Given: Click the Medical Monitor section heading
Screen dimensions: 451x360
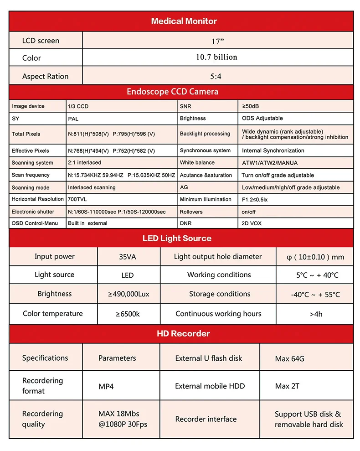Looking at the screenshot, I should pos(184,21).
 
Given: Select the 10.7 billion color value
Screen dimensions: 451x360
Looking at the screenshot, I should pos(216,57).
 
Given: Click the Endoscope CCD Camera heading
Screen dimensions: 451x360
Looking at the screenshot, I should pos(172,92).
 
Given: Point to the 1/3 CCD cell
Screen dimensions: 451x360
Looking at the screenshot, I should pos(78,106).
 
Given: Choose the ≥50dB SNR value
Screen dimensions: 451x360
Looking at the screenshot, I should pos(250,106).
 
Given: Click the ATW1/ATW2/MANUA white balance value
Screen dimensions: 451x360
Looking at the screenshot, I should pos(265,163).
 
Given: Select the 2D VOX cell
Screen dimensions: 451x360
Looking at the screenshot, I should pos(252,223).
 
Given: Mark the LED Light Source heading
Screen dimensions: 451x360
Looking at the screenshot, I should pos(177,238).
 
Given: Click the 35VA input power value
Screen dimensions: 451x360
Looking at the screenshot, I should pos(127,257).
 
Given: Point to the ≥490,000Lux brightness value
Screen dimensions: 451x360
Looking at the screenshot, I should pos(129,294).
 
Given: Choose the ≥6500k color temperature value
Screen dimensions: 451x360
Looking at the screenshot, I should pos(128,314).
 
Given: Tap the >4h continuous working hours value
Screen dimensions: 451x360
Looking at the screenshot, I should pos(315,314).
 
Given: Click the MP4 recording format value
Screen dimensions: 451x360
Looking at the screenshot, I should pos(106,386).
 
